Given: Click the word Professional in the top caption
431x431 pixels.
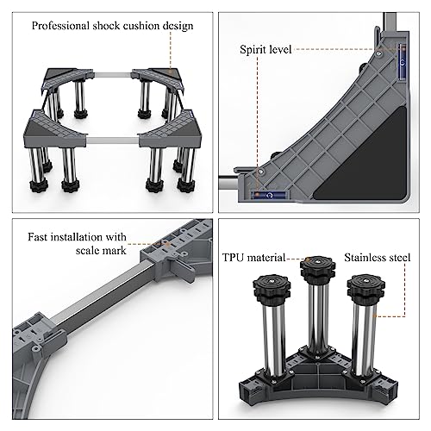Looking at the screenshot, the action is click(x=60, y=26).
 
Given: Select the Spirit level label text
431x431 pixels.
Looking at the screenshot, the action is click(x=265, y=49).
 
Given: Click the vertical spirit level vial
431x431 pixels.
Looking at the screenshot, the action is click(x=403, y=62).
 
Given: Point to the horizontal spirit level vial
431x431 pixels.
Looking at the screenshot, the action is click(x=269, y=196).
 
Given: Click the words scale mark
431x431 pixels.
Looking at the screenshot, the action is click(x=101, y=250).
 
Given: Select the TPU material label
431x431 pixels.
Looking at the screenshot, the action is click(x=253, y=258).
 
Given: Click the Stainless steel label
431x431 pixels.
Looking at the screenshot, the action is click(x=378, y=258).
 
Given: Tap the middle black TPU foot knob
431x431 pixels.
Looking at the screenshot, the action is click(x=318, y=269).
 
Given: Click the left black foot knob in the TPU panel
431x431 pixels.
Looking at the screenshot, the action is click(x=272, y=288).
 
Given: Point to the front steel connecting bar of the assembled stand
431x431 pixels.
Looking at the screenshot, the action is click(x=113, y=141).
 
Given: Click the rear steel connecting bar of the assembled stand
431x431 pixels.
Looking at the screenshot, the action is click(x=113, y=75).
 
